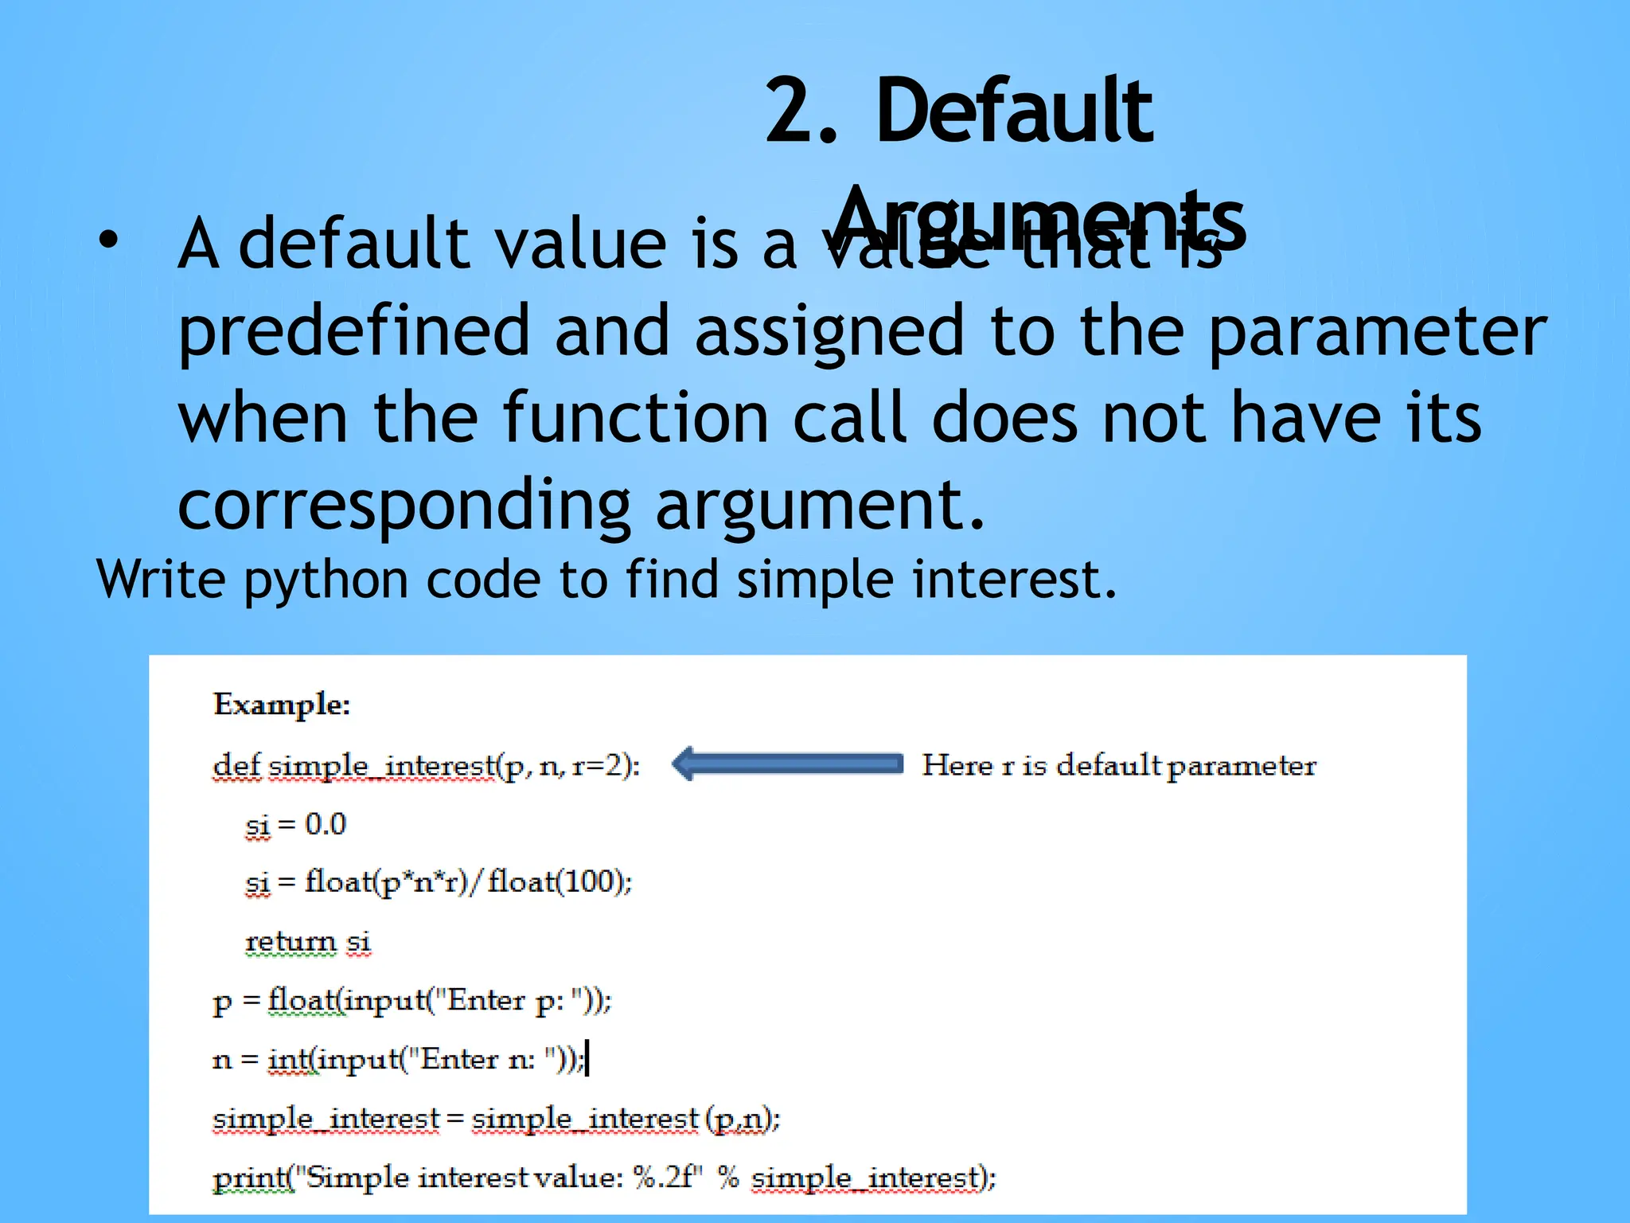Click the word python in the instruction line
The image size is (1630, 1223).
pos(326,580)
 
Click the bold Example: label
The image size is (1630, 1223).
pos(282,705)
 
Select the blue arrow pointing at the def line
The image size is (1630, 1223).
pos(787,764)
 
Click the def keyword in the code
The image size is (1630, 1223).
pos(236,766)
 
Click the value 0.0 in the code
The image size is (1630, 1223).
pos(326,824)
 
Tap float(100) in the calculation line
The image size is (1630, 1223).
pos(559,882)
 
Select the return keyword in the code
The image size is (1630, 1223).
pos(291,942)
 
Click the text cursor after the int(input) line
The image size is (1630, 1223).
pos(587,1058)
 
